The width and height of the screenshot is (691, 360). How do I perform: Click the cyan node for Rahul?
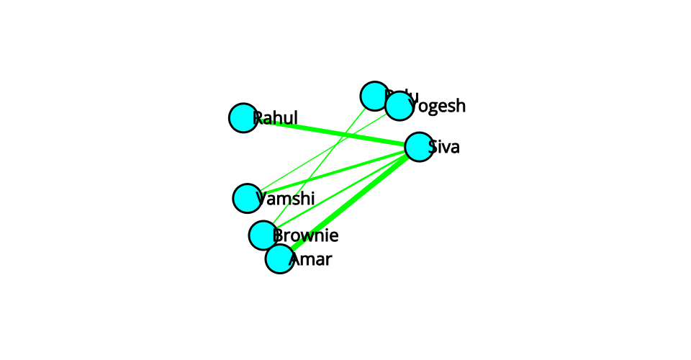click(243, 118)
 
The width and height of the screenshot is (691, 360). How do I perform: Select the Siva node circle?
click(419, 147)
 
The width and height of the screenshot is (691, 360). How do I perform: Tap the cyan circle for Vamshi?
click(247, 198)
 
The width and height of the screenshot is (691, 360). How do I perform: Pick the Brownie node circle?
click(263, 235)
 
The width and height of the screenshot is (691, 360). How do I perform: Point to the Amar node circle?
click(279, 258)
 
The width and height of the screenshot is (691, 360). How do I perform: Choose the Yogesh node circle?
click(399, 107)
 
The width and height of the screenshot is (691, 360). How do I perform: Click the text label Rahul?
click(278, 117)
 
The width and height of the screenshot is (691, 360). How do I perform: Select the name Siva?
click(446, 148)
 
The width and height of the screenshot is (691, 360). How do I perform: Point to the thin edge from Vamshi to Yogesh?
click(324, 151)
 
